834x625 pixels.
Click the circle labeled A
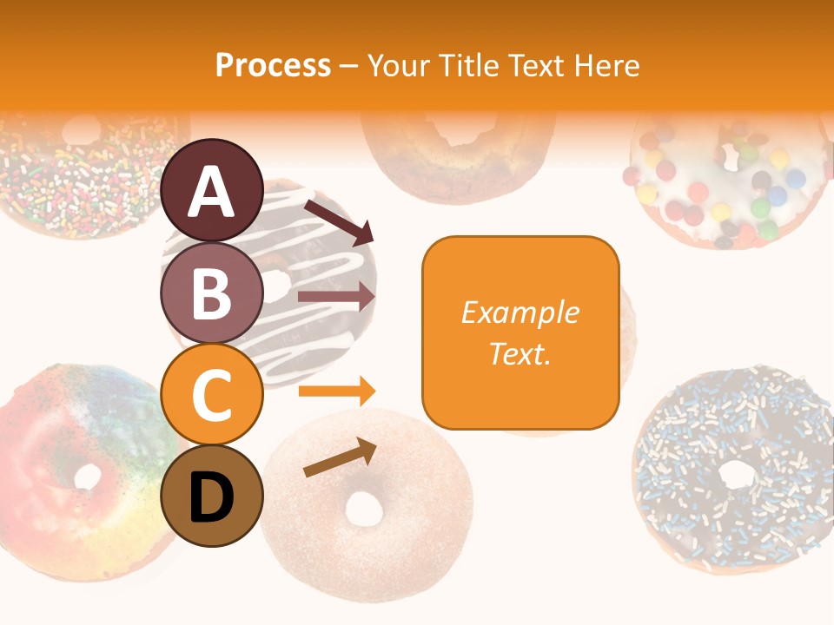click(212, 190)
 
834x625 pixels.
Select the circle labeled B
click(212, 293)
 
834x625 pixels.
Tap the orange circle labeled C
click(212, 395)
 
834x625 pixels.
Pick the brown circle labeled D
click(212, 497)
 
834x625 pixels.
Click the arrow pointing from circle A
click(339, 221)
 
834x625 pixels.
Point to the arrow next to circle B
click(336, 297)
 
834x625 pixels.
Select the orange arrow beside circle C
click(336, 391)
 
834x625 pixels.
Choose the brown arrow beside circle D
click(341, 457)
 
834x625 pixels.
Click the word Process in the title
click(273, 65)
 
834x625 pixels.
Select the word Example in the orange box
click(520, 312)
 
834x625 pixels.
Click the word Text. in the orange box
click(520, 353)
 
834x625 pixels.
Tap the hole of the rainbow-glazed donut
click(88, 476)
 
